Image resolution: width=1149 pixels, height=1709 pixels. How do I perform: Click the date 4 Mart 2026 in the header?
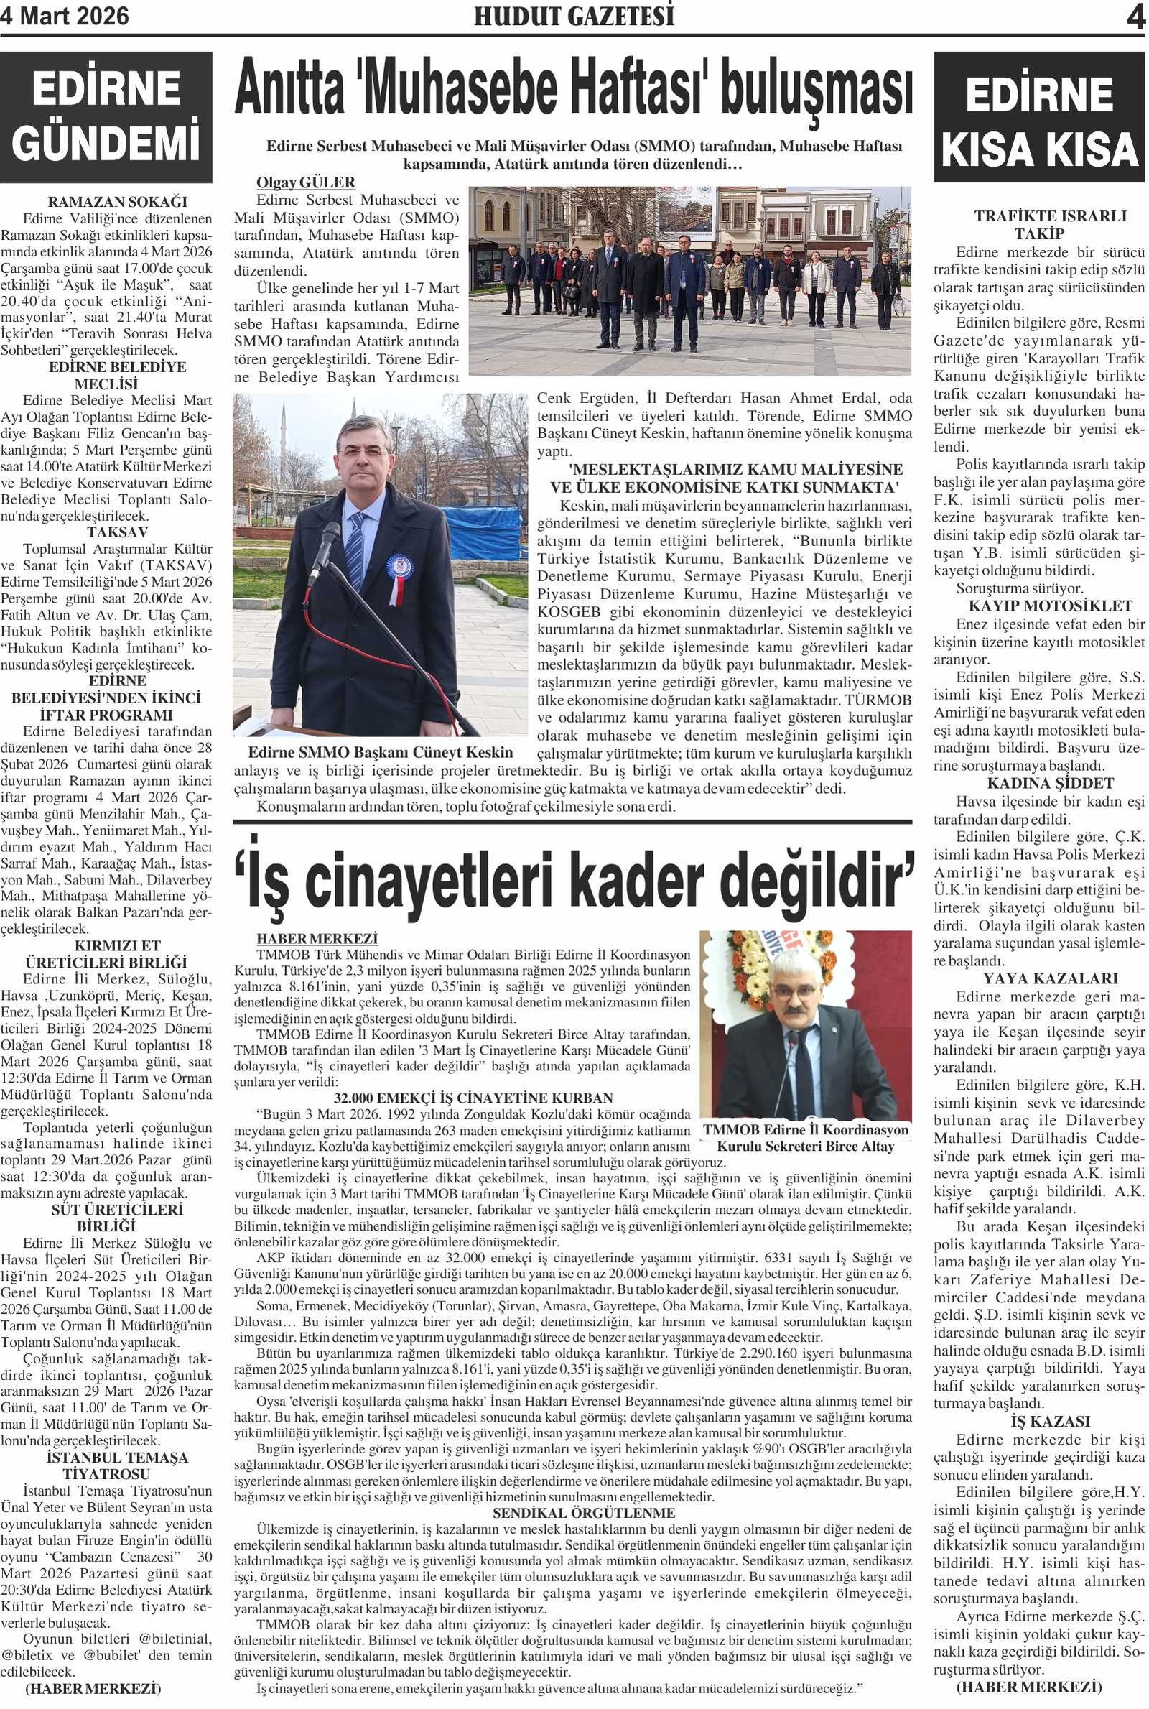point(65,16)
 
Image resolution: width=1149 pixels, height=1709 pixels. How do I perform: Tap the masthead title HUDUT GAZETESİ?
point(574,16)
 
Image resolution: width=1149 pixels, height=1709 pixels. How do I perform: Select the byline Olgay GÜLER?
point(306,182)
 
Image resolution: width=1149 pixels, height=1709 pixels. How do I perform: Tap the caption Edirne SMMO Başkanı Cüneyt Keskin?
point(381,753)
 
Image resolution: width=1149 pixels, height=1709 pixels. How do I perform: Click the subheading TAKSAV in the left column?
point(117,532)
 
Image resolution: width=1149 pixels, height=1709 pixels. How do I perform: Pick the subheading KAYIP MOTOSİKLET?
point(1039,606)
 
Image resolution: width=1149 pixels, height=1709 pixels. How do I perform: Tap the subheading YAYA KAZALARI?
point(1039,978)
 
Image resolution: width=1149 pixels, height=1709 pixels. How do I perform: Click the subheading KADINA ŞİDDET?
point(1039,783)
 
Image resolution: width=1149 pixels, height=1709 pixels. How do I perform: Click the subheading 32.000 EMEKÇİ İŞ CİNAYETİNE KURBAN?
point(473,1098)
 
